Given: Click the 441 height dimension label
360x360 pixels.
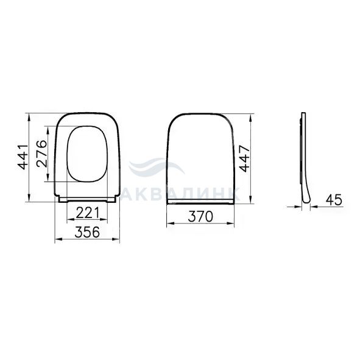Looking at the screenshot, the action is click(x=23, y=157).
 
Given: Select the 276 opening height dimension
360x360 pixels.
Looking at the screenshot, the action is click(x=42, y=154).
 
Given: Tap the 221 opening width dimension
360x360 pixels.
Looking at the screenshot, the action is click(x=87, y=213).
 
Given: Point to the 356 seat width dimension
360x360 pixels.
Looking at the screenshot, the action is click(x=87, y=232).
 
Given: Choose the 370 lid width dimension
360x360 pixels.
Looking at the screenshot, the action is click(x=200, y=216).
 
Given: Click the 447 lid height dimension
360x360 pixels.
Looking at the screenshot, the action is click(x=244, y=158).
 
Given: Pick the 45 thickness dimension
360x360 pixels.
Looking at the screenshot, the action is click(x=334, y=200).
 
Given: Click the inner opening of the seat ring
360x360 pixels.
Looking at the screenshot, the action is click(x=87, y=154).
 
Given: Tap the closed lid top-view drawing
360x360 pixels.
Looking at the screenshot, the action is click(x=200, y=158).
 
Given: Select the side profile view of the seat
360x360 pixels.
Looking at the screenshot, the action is click(x=303, y=158).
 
